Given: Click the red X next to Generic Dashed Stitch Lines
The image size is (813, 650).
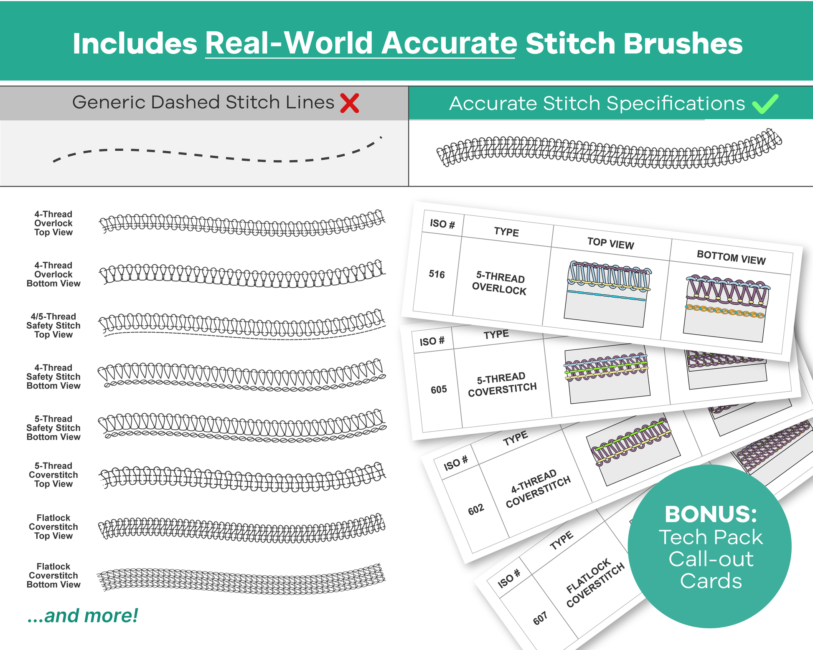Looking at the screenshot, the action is pyautogui.click(x=350, y=103).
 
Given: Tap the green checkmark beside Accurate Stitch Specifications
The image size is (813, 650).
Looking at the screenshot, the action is pyautogui.click(x=765, y=104).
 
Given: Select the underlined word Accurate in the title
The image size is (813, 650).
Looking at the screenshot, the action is pyautogui.click(x=449, y=43).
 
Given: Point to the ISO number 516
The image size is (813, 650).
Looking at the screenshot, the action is pyautogui.click(x=437, y=274).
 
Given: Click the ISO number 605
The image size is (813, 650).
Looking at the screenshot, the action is pyautogui.click(x=439, y=389).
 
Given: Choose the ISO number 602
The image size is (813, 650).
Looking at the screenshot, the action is pyautogui.click(x=476, y=509).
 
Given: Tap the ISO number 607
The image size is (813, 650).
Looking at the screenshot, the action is pyautogui.click(x=540, y=618).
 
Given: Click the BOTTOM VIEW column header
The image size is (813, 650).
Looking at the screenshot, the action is pyautogui.click(x=731, y=258).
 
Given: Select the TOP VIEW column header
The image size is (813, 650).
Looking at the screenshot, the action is pyautogui.click(x=610, y=243).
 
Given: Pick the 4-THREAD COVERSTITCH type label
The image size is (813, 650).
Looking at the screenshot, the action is pyautogui.click(x=538, y=488).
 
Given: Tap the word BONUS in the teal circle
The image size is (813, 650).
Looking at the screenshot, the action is pyautogui.click(x=710, y=514).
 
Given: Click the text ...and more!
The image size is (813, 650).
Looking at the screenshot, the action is pyautogui.click(x=82, y=616).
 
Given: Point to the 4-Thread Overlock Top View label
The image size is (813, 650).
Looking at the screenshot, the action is pyautogui.click(x=53, y=223).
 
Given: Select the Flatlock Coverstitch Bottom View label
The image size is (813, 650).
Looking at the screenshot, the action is pyautogui.click(x=53, y=576).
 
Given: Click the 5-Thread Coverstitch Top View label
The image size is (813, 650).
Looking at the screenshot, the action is pyautogui.click(x=53, y=475).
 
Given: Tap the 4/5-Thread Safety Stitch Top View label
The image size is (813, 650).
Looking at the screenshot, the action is pyautogui.click(x=53, y=326).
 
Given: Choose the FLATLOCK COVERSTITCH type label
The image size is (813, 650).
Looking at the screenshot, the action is pyautogui.click(x=595, y=584).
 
